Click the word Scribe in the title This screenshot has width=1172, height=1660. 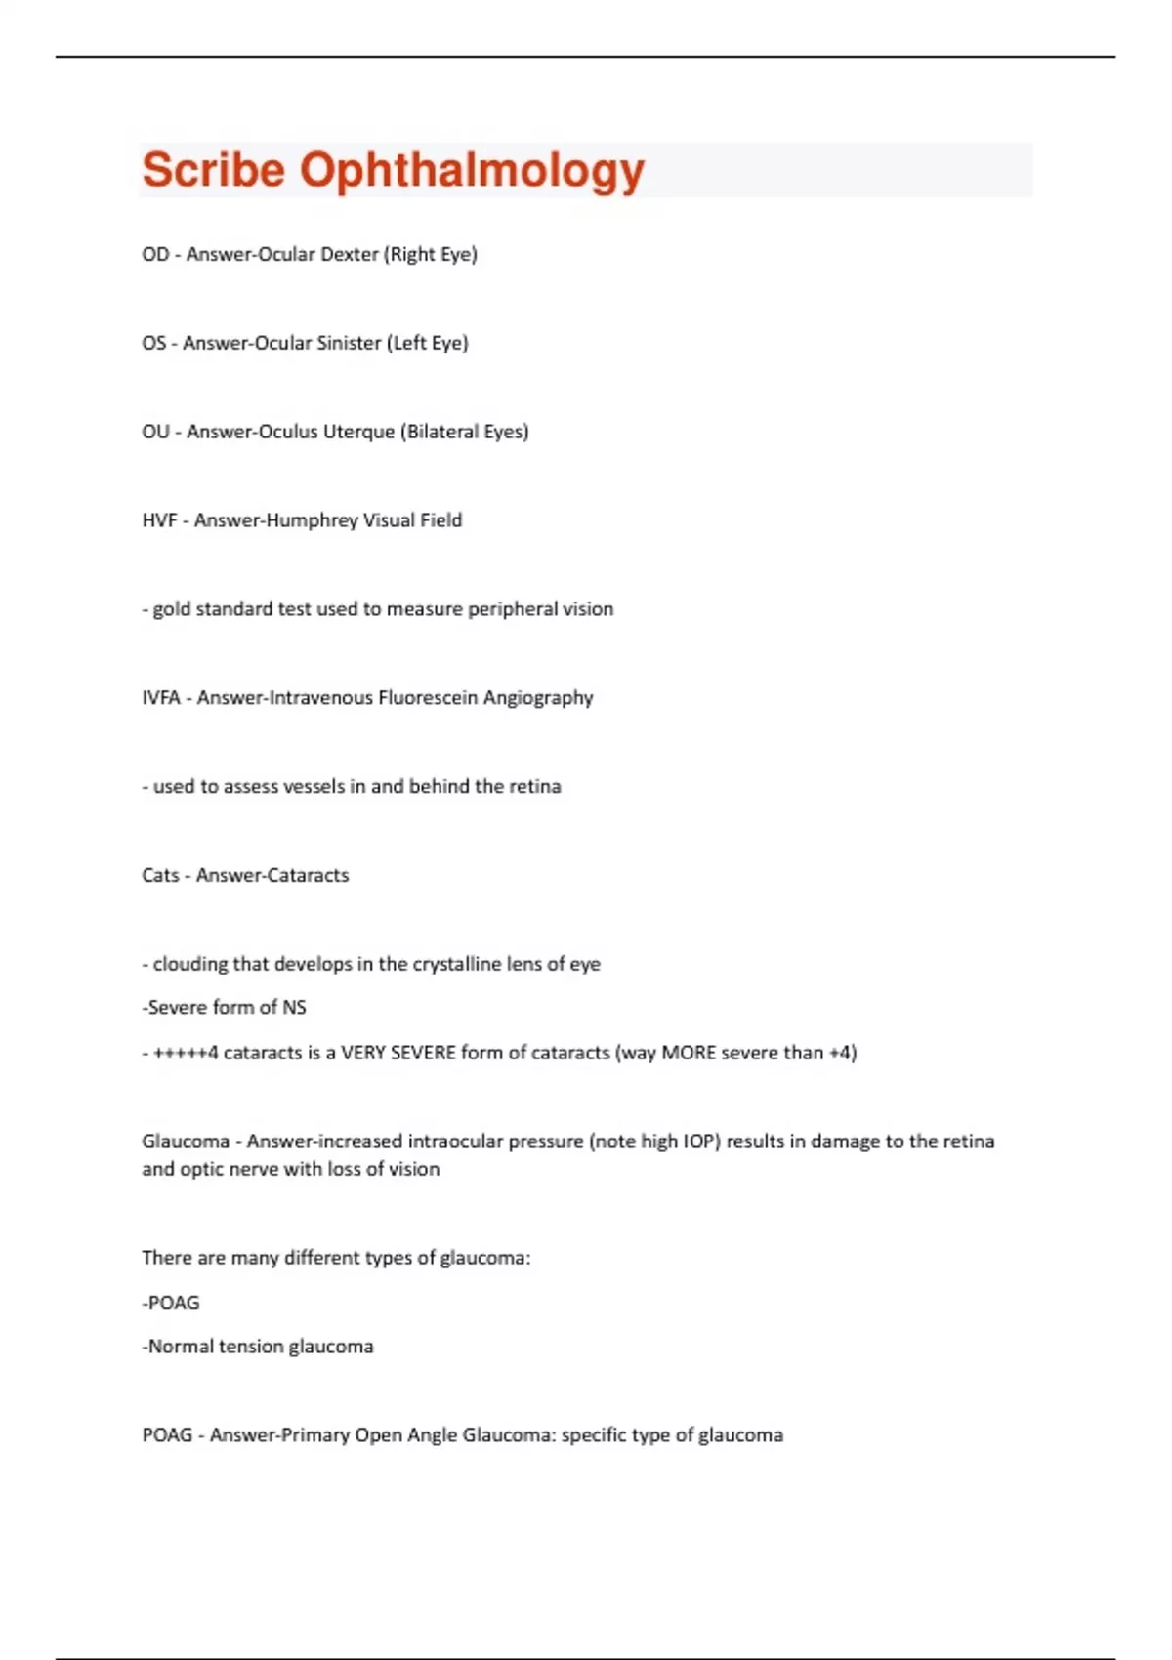click(x=213, y=170)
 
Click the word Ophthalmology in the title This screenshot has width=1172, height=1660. click(x=472, y=172)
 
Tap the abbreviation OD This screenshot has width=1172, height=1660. click(x=155, y=255)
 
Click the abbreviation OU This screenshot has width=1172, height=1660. click(x=155, y=433)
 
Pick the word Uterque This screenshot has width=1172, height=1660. click(x=357, y=433)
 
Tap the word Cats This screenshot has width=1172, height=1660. click(x=160, y=876)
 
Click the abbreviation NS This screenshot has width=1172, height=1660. click(x=294, y=1008)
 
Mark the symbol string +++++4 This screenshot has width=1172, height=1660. click(x=186, y=1054)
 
